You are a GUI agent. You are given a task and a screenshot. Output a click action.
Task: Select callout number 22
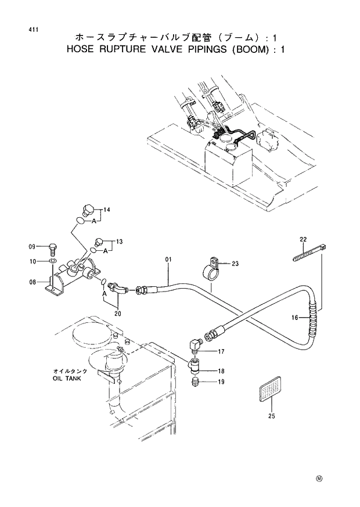pos(303,239)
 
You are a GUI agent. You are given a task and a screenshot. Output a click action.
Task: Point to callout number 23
pos(235,264)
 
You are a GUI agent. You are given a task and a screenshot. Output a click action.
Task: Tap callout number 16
pos(296,318)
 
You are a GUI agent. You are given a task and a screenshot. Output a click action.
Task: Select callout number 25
pos(271,416)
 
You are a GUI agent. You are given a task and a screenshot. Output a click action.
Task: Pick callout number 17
pos(221,351)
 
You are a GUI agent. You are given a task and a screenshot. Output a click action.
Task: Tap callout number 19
pos(221,382)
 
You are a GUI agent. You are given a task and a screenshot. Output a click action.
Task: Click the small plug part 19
pos(196,382)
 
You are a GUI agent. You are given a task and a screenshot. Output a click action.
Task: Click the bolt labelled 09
pos(53,249)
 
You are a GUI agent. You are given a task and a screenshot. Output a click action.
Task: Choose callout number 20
pos(118,314)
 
